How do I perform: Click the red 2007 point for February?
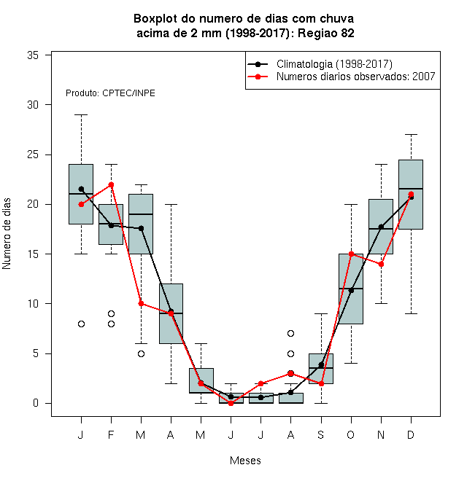click(111, 184)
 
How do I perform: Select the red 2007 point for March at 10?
click(141, 303)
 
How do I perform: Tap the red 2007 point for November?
click(381, 264)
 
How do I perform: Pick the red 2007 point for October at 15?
click(351, 254)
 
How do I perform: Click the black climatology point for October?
click(351, 290)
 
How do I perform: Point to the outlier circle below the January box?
click(81, 324)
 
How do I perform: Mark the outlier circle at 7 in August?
click(290, 334)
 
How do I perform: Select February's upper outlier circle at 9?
click(111, 314)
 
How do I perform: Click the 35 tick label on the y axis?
click(33, 55)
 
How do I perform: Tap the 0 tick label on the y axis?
click(36, 403)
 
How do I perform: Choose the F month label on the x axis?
click(111, 434)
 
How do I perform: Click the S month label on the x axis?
click(321, 434)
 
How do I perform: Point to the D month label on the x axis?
click(411, 434)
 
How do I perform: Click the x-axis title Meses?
click(245, 461)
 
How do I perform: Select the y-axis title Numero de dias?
click(7, 234)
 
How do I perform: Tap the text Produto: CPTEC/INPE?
click(110, 93)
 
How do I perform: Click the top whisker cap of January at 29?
click(81, 114)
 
